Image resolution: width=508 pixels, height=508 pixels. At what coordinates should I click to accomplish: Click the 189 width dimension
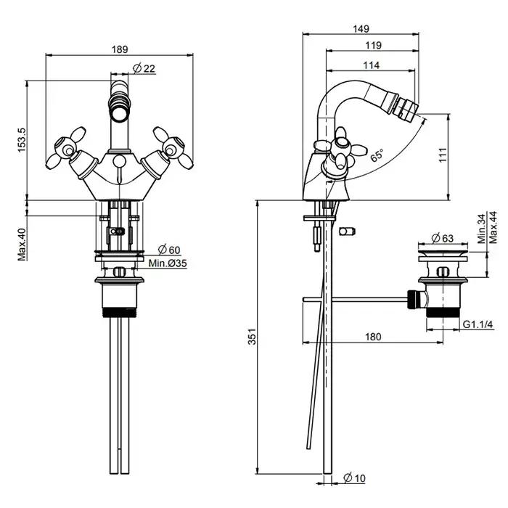tap(120, 49)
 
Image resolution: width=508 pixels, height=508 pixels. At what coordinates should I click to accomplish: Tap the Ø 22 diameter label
tap(145, 68)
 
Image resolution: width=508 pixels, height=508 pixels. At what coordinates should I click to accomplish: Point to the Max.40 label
tap(22, 244)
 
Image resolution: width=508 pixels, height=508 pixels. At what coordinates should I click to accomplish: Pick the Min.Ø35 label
tap(168, 263)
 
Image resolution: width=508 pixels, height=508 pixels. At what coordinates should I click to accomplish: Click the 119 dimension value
tap(374, 46)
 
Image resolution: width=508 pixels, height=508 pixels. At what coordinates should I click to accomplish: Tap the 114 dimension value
tap(372, 65)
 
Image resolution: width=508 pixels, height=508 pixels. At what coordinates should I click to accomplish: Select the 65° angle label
tap(377, 155)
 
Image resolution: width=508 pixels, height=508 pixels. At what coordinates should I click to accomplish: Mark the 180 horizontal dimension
tap(374, 336)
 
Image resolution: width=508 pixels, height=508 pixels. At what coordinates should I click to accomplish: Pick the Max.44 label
tap(493, 226)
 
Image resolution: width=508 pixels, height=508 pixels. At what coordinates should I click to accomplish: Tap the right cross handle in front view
tap(170, 149)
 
